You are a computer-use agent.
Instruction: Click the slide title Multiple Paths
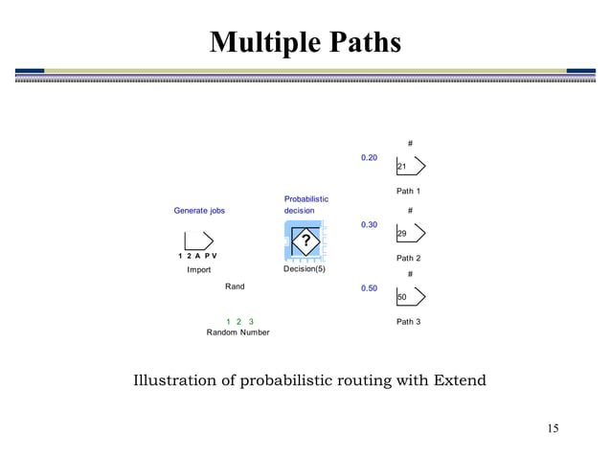tap(305, 43)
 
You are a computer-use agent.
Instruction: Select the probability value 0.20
tap(369, 157)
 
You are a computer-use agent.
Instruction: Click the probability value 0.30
tap(369, 224)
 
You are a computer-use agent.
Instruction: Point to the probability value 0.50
tap(369, 287)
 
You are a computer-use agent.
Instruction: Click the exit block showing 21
tap(410, 168)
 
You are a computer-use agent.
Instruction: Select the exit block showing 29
tap(410, 234)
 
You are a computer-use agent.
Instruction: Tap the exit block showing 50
tap(410, 298)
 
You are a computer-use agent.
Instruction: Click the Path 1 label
tap(409, 192)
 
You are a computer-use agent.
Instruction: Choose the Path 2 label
tap(409, 259)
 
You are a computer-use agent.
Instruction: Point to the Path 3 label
tap(409, 322)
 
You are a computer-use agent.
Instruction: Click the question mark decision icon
tap(305, 240)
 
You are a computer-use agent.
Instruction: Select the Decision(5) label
tap(305, 269)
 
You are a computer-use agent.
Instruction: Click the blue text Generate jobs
tap(199, 211)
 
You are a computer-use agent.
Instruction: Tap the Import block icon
tap(198, 240)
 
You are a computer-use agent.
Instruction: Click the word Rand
tap(235, 286)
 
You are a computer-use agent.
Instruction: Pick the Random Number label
tap(238, 332)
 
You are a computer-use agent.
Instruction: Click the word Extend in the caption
tap(459, 380)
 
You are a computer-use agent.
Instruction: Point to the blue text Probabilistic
tap(305, 199)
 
